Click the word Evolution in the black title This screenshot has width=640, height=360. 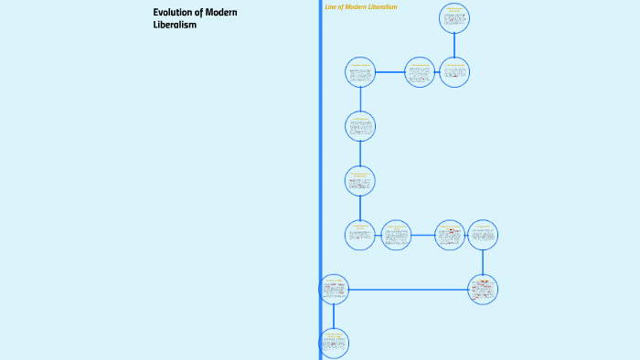pyautogui.click(x=170, y=12)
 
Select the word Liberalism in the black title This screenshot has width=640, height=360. pyautogui.click(x=175, y=25)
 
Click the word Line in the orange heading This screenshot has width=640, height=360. pyautogui.click(x=331, y=6)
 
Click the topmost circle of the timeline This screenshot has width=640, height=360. pyautogui.click(x=454, y=17)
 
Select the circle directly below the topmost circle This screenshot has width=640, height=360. pyautogui.click(x=454, y=71)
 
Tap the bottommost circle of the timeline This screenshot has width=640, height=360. pyautogui.click(x=334, y=344)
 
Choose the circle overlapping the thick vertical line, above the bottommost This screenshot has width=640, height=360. pyautogui.click(x=334, y=290)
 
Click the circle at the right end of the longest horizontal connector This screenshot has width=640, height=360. pyautogui.click(x=483, y=290)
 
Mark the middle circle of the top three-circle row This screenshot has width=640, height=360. pyautogui.click(x=420, y=71)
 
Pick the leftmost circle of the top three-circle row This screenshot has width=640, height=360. pyautogui.click(x=360, y=71)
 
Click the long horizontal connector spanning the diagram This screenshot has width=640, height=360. pyautogui.click(x=408, y=290)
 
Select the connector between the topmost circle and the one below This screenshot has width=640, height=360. pyautogui.click(x=454, y=45)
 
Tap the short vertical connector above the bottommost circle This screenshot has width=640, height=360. pyautogui.click(x=334, y=316)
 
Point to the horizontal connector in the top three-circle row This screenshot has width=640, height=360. pyautogui.click(x=389, y=71)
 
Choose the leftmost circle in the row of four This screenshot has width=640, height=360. pyautogui.click(x=360, y=235)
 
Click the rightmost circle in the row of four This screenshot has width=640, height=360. pyautogui.click(x=483, y=235)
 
